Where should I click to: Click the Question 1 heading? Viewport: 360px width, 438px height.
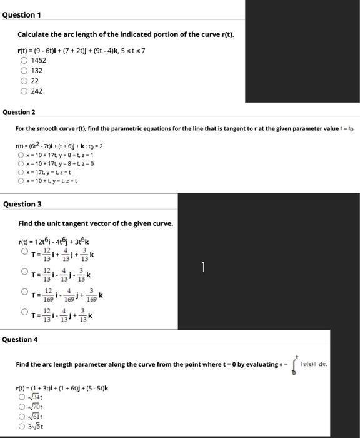point(22,14)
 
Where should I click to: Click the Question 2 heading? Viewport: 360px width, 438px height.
point(19,112)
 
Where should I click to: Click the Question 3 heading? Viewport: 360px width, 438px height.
point(23,204)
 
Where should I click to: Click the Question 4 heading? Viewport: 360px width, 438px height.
point(20,339)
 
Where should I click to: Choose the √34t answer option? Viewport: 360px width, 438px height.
point(23,397)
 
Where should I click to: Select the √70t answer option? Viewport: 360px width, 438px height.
point(23,407)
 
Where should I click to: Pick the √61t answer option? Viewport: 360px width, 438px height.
point(23,417)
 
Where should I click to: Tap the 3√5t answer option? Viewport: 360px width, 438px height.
point(23,427)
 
